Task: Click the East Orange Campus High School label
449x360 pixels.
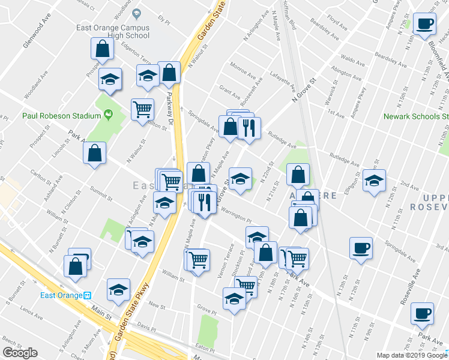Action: pyautogui.click(x=112, y=31)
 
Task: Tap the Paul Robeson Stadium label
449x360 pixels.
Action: pyautogui.click(x=61, y=116)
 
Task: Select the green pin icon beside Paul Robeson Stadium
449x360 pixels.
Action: pyautogui.click(x=109, y=114)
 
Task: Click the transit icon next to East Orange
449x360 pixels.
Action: pyautogui.click(x=87, y=295)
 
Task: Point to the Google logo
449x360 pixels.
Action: pyautogui.click(x=19, y=353)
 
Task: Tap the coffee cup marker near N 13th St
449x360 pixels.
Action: pyautogui.click(x=361, y=248)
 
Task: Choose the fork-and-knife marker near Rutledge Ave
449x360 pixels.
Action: pyautogui.click(x=249, y=127)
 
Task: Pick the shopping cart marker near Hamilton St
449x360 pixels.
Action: pyautogui.click(x=142, y=109)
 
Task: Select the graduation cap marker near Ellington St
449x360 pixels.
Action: pyautogui.click(x=373, y=181)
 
